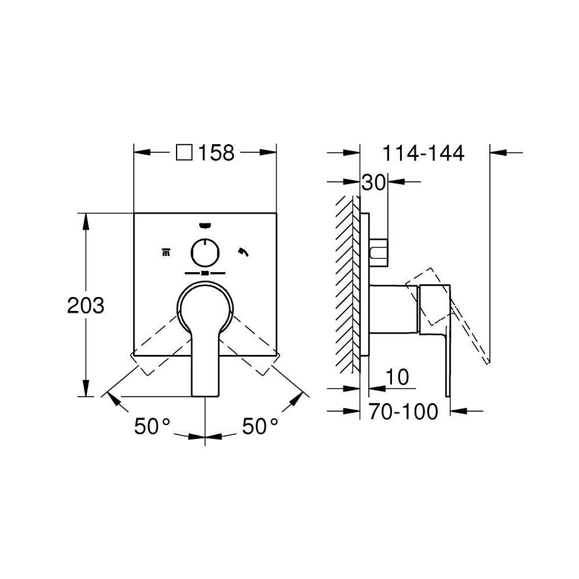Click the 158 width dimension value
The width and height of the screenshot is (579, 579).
[x=217, y=152]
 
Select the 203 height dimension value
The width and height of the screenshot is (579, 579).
[x=86, y=306]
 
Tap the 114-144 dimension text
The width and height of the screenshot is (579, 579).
[x=423, y=153]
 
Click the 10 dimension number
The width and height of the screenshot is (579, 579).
[x=397, y=377]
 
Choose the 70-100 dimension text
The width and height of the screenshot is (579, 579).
[x=403, y=411]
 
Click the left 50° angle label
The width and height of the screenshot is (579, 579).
[x=152, y=426]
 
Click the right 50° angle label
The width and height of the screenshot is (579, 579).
[x=260, y=426]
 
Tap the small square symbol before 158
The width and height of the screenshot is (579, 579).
[x=184, y=152]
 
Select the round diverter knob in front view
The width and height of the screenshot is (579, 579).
[x=205, y=252]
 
